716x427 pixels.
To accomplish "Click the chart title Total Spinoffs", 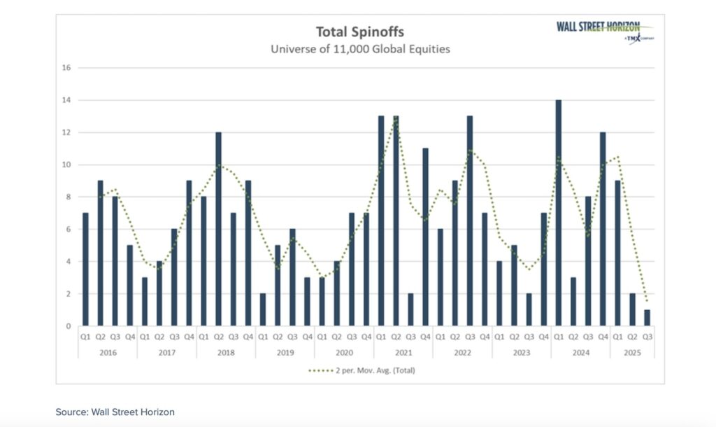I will click(361, 31).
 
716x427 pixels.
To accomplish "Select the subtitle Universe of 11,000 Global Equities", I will click(361, 49).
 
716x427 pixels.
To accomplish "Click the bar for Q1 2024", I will click(559, 213).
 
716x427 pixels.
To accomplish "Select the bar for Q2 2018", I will click(219, 229).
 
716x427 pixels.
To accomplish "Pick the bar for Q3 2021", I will click(411, 309).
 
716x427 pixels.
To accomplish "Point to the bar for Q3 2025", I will click(647, 318).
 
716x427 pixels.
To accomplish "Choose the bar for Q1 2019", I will click(263, 309).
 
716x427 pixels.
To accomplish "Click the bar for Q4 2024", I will click(603, 229).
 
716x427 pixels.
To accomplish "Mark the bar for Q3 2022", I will click(470, 220).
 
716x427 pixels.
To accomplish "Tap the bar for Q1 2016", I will click(85, 269).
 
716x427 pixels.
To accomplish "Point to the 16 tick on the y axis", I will click(67, 68).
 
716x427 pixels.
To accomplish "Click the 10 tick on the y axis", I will click(67, 164).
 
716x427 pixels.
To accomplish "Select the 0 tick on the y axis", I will click(69, 326).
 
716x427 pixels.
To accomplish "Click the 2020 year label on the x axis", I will click(344, 353).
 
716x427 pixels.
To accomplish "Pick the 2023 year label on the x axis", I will click(522, 353).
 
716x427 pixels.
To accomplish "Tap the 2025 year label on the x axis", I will click(633, 353).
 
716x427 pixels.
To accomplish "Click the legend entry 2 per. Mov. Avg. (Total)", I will click(361, 370).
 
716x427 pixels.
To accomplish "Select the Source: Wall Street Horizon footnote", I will click(115, 412).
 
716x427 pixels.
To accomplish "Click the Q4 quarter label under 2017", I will click(189, 337).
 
